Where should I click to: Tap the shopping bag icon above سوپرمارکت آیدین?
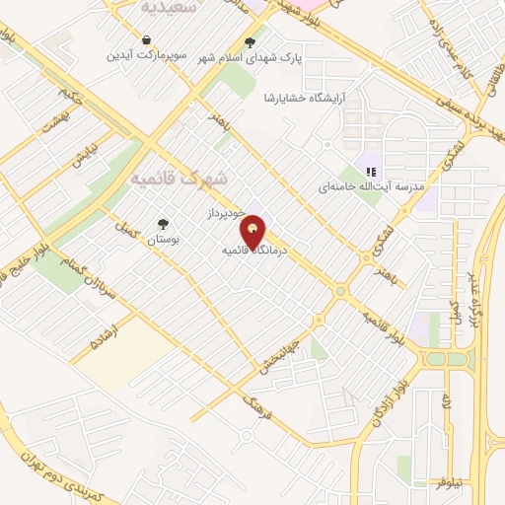(147, 40)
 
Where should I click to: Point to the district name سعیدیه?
(163, 7)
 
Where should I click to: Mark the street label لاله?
(445, 400)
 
